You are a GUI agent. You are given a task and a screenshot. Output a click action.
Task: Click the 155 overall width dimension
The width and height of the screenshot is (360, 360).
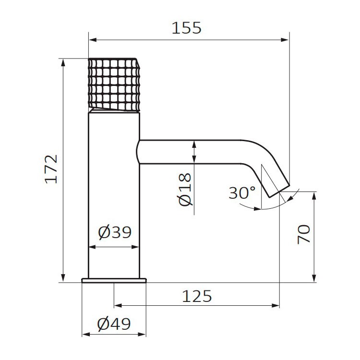(186, 28)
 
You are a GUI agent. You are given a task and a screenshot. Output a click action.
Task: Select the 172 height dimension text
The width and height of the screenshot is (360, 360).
(51, 169)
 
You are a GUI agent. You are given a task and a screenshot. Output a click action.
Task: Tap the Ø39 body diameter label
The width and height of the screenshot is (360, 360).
(115, 232)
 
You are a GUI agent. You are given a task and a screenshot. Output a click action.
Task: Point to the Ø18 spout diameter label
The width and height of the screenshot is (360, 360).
(184, 190)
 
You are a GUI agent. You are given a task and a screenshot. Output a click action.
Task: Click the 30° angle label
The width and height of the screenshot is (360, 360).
(242, 193)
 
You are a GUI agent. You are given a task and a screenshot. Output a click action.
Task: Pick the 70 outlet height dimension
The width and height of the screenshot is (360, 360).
(304, 234)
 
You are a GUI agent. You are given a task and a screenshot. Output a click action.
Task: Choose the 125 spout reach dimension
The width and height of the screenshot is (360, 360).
(197, 296)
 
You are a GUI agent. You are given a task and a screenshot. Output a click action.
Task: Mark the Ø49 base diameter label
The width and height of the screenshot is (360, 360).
(114, 324)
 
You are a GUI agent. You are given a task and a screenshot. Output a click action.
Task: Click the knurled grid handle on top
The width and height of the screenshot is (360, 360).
(114, 84)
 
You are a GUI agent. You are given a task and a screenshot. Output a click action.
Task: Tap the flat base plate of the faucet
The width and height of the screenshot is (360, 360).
(114, 280)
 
